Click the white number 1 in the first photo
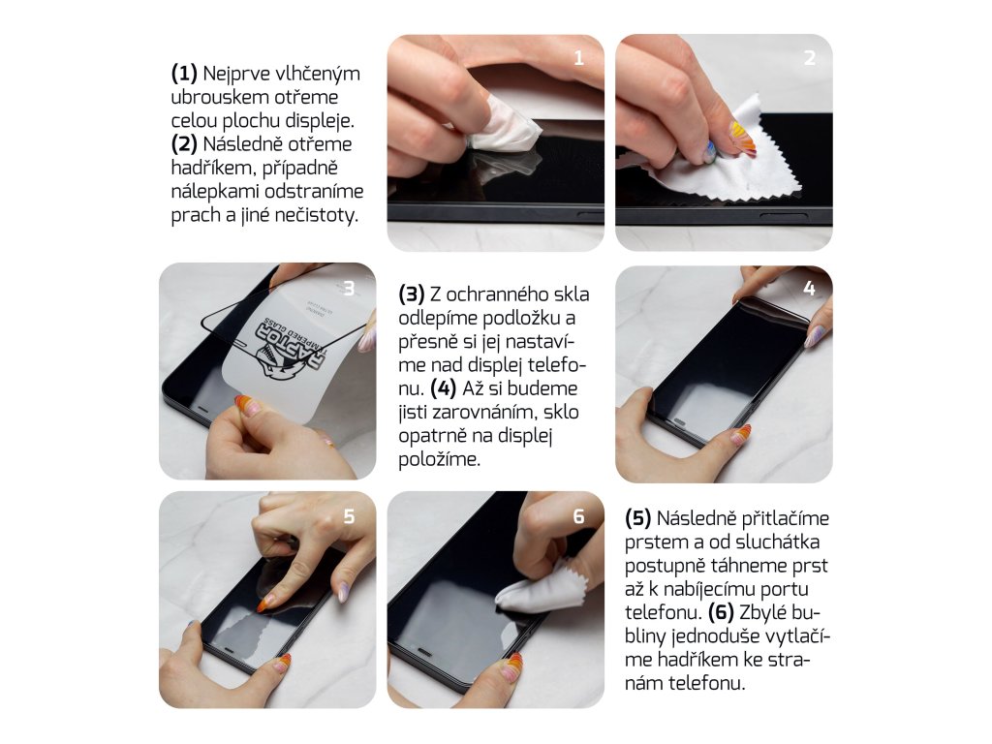(578, 58)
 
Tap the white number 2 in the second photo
(809, 58)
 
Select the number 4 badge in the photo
(809, 289)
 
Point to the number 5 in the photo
(349, 517)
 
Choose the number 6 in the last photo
(578, 517)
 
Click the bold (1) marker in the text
(184, 74)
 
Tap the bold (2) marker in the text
(184, 144)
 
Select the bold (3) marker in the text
(411, 294)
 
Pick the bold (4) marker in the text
(443, 388)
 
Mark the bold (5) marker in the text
(637, 518)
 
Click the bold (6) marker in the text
(721, 612)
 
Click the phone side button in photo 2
(783, 218)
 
